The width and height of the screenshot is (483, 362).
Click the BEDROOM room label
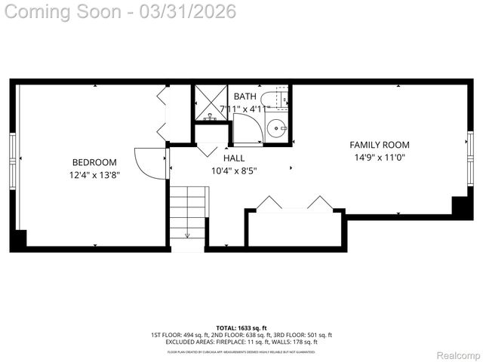click(x=94, y=162)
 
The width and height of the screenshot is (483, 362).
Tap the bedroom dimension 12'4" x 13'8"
click(x=94, y=175)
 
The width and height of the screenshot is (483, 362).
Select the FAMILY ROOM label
click(x=379, y=145)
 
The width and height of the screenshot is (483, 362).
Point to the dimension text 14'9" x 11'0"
click(x=379, y=158)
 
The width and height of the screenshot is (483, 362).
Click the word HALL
click(x=234, y=158)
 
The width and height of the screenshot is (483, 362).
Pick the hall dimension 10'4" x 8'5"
click(x=234, y=170)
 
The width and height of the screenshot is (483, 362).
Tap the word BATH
click(x=245, y=97)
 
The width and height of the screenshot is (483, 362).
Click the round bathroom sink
click(x=277, y=128)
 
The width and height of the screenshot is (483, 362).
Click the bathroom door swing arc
click(x=248, y=130)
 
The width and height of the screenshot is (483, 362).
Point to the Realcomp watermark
click(x=459, y=355)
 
